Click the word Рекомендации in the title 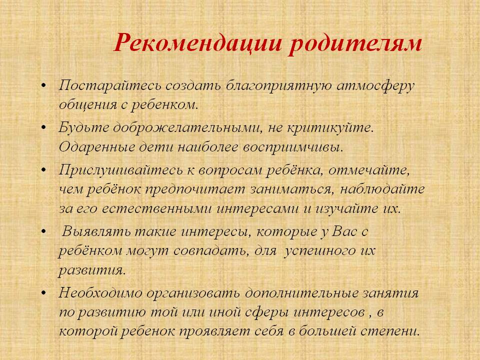tap(198, 42)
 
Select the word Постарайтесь tap(109, 85)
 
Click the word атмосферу tap(375, 86)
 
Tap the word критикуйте tap(330, 127)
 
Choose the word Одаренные tap(97, 147)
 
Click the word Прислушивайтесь tap(120, 169)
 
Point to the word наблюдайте tap(382, 189)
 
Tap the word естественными tap(156, 208)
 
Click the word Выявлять tap(96, 231)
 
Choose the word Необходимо tap(100, 293)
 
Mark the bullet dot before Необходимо tap(44, 292)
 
